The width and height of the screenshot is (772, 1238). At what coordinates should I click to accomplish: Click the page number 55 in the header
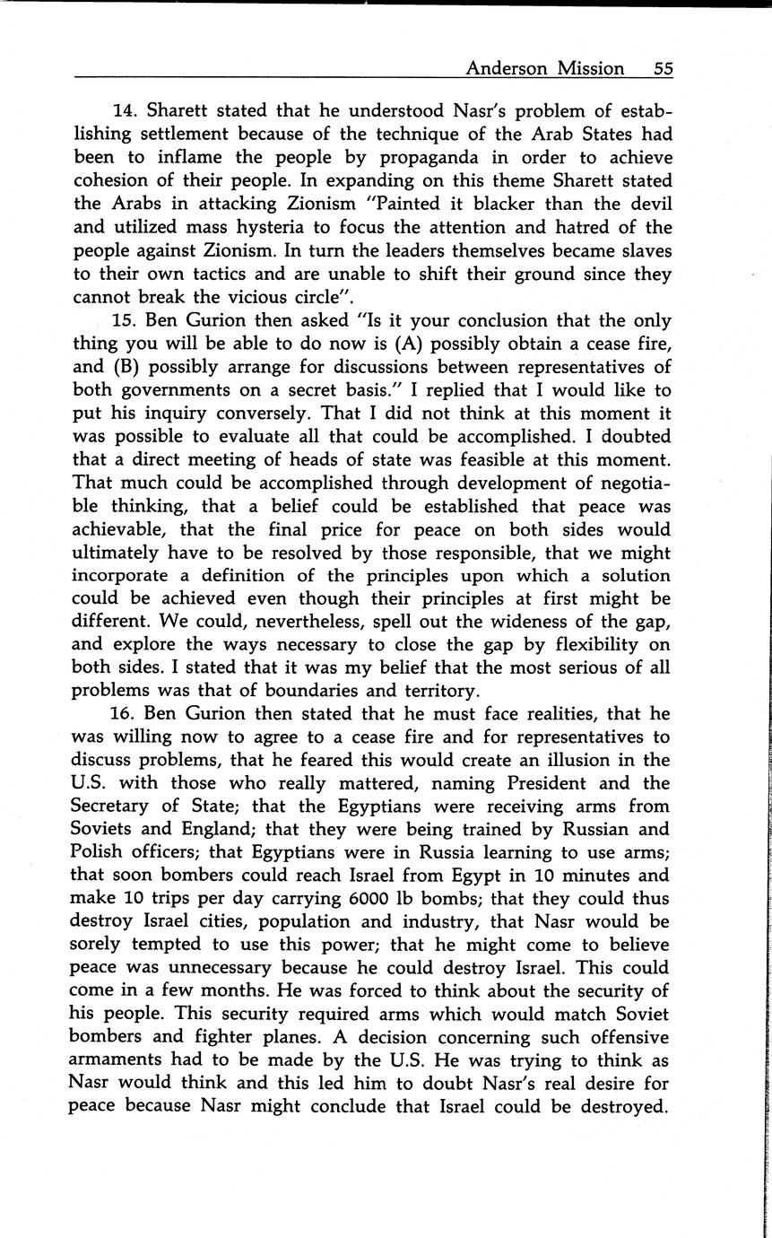pyautogui.click(x=664, y=68)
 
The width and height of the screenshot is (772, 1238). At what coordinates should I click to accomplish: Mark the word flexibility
pyautogui.click(x=588, y=644)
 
